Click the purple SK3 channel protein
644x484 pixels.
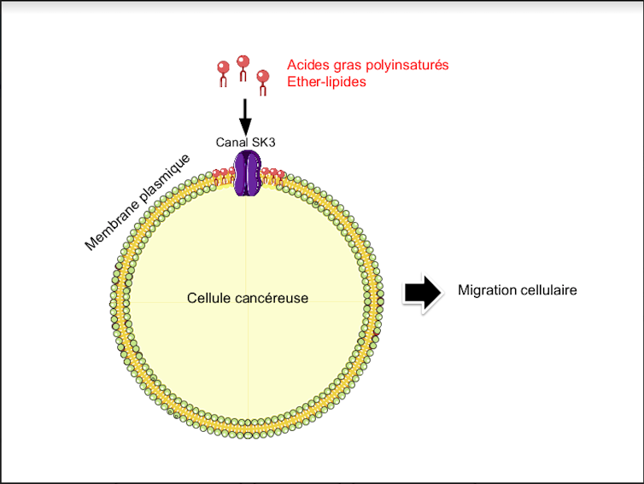[247, 174]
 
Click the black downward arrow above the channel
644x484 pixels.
[245, 114]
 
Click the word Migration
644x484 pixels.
[486, 290]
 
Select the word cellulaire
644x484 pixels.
[548, 290]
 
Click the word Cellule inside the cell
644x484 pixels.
[208, 298]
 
